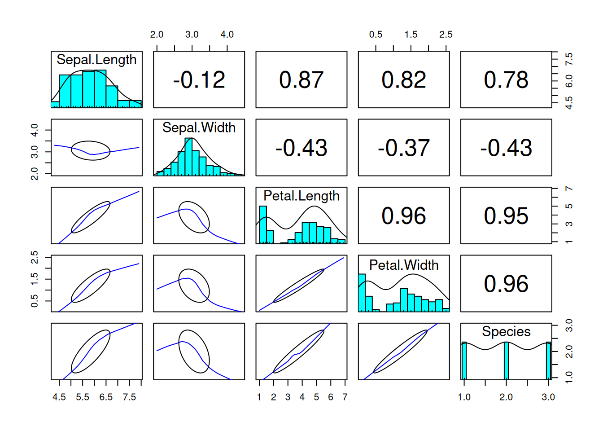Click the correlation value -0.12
[x=199, y=80]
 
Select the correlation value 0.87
[x=301, y=80]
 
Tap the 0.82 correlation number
[x=403, y=80]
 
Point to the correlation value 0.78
[x=506, y=80]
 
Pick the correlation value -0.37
[x=403, y=148]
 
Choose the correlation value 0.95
[x=506, y=216]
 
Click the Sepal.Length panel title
[x=96, y=60]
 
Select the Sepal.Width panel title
[x=199, y=128]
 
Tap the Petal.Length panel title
[x=301, y=196]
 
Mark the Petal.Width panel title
[x=403, y=265]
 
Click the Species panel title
[x=506, y=331]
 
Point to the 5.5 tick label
[x=83, y=397]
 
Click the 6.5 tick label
[x=106, y=397]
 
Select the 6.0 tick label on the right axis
[x=569, y=81]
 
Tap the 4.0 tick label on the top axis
[x=227, y=35]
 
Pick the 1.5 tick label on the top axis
[x=411, y=35]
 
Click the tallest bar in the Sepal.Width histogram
[x=188, y=157]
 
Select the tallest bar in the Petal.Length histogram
[x=263, y=224]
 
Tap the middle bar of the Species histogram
[x=506, y=361]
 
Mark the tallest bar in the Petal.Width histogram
[x=362, y=293]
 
